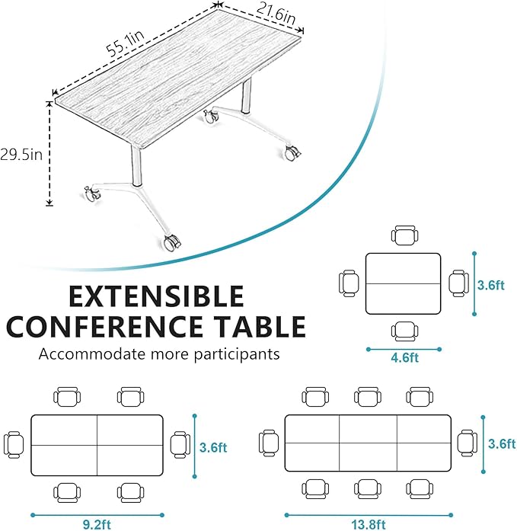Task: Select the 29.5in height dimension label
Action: coord(21,154)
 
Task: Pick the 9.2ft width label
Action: coord(97,524)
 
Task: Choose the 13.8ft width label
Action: coord(368,524)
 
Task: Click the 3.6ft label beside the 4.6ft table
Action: coord(490,285)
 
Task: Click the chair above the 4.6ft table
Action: coord(404,235)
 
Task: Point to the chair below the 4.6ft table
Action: coord(404,330)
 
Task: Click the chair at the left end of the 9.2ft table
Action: coord(14,443)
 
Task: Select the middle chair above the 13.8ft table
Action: coord(368,396)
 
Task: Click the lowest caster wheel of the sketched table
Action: coord(173,243)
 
